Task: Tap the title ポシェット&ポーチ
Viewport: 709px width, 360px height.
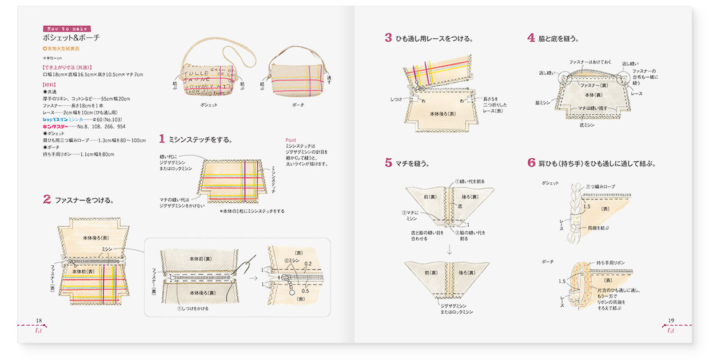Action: click(x=71, y=38)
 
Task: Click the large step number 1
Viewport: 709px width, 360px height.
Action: click(x=162, y=138)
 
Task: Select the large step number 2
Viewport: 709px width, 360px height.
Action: click(x=47, y=199)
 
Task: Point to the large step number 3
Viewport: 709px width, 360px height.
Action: click(x=388, y=38)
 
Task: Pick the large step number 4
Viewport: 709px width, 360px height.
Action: click(x=531, y=38)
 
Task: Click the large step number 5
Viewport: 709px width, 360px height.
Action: click(x=388, y=163)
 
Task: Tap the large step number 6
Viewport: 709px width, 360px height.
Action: click(x=531, y=163)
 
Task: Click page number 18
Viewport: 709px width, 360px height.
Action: click(x=39, y=320)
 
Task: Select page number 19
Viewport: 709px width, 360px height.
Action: click(x=671, y=320)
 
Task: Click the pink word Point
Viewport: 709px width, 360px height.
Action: click(x=290, y=140)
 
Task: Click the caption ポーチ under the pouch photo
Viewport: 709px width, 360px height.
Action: click(x=298, y=106)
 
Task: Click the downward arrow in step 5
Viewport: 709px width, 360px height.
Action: click(x=449, y=249)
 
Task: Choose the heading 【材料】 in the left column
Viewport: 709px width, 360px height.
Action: click(x=53, y=83)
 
